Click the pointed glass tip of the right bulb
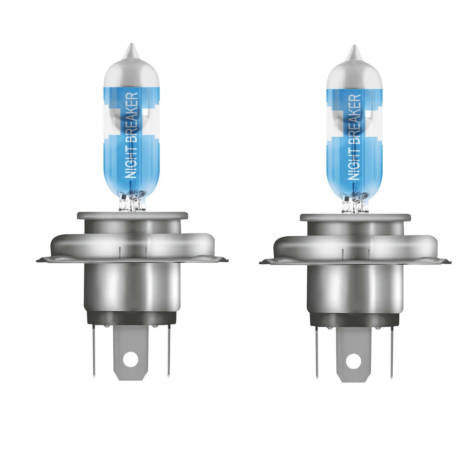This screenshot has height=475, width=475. [354, 51]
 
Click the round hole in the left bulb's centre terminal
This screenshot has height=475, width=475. [130, 359]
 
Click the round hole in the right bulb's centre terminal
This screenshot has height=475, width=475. [353, 361]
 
